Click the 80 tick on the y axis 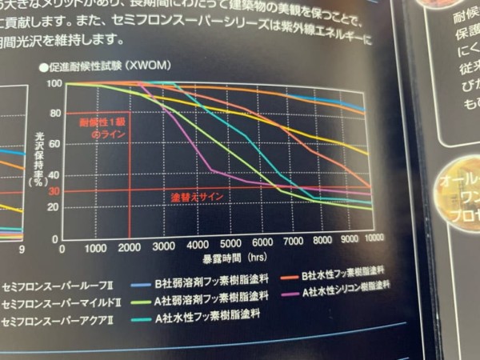[x=54, y=113]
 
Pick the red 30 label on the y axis [x=54, y=191]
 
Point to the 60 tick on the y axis [x=54, y=145]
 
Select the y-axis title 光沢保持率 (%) [x=34, y=161]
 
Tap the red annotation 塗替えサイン [x=196, y=196]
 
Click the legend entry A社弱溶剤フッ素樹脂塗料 [x=202, y=300]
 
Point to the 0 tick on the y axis [x=54, y=239]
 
